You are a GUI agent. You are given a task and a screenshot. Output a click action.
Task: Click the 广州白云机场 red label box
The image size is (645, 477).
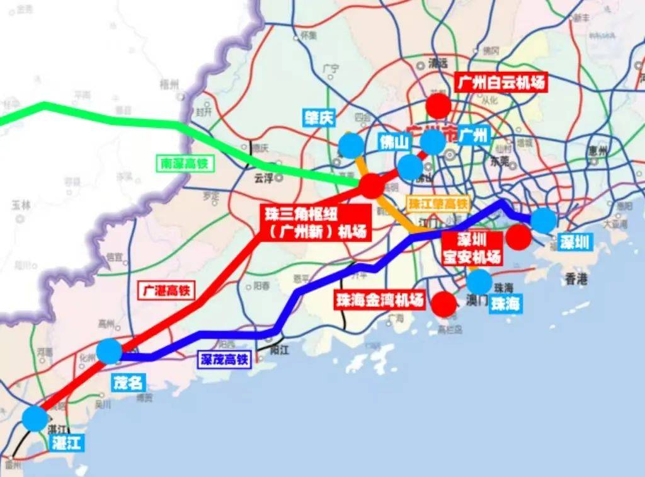[499, 82]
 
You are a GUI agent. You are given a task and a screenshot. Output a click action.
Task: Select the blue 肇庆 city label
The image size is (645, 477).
[319, 118]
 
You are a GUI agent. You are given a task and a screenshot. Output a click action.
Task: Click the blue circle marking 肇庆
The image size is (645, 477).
[351, 146]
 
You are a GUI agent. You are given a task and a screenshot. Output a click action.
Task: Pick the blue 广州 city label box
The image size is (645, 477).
[473, 135]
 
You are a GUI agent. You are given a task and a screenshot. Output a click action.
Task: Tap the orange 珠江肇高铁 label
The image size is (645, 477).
[439, 204]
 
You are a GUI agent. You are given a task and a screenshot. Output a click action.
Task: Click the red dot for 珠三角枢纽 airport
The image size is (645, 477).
[371, 186]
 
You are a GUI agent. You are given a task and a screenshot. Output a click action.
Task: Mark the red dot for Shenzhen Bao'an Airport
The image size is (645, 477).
[518, 237]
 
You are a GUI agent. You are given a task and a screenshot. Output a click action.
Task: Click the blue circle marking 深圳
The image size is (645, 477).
[544, 221]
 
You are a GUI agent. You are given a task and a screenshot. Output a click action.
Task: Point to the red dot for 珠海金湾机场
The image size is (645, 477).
[445, 304]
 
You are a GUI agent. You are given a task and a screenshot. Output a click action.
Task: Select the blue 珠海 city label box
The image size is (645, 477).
[506, 304]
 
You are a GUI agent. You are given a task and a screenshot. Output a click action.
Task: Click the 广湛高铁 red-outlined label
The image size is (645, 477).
[166, 290]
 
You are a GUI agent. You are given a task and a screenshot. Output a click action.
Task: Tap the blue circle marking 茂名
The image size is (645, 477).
[110, 351]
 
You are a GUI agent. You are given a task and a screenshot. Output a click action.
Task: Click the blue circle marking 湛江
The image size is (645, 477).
[35, 418]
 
